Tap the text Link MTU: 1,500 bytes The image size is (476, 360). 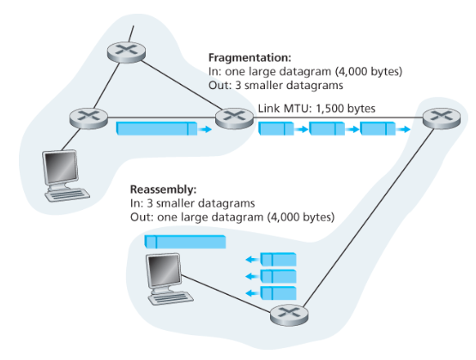(x=316, y=109)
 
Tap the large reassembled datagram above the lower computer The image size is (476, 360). (x=184, y=242)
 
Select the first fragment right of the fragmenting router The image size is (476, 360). (x=276, y=129)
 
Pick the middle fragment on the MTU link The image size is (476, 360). (x=327, y=129)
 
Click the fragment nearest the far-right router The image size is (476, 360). (x=378, y=129)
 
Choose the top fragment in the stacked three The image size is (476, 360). (x=278, y=258)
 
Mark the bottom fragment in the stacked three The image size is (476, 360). (x=278, y=294)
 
